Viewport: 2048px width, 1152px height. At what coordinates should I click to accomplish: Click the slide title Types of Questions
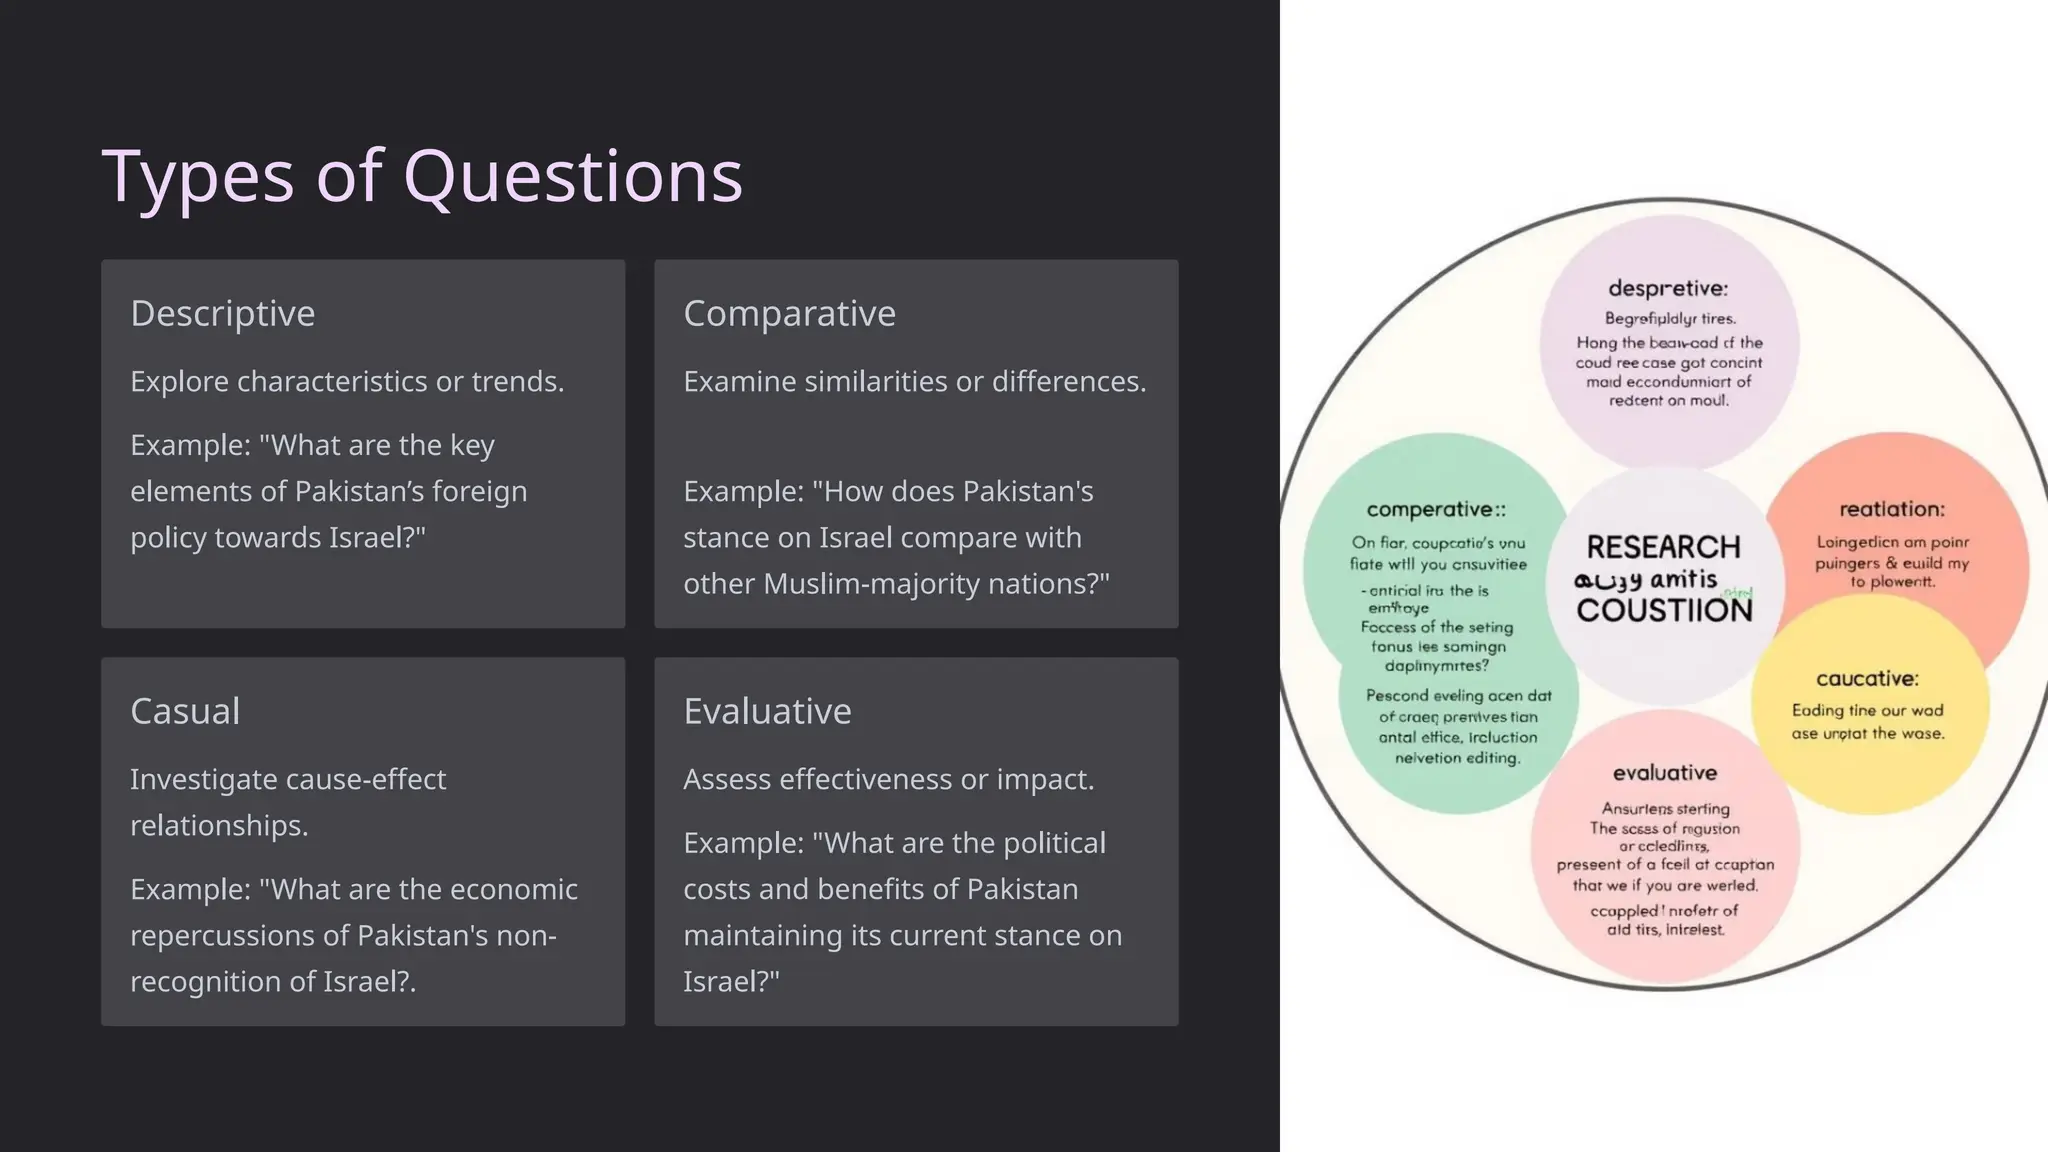[x=422, y=177]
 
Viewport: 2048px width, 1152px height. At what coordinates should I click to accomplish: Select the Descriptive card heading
[x=223, y=314]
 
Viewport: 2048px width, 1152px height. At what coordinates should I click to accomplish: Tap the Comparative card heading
[x=789, y=314]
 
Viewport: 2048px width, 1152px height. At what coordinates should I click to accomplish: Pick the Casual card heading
[x=185, y=711]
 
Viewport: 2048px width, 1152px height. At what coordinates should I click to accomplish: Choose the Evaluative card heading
[x=767, y=711]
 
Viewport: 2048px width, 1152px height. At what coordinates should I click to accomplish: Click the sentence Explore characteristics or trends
[x=347, y=381]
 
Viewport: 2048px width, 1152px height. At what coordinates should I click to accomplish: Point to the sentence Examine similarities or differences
[x=914, y=381]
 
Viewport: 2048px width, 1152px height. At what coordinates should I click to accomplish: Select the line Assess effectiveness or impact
[x=888, y=779]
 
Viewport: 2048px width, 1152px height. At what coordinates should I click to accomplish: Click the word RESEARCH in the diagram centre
[x=1663, y=547]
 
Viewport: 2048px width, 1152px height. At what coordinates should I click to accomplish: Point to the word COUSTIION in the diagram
[x=1664, y=610]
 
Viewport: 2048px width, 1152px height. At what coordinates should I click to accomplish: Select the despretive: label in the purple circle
[x=1667, y=288]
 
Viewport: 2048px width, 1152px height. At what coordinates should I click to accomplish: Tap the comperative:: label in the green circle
[x=1435, y=509]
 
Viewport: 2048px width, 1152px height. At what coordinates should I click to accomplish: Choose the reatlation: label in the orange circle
[x=1892, y=509]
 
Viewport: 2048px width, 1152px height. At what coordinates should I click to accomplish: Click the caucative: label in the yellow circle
[x=1867, y=679]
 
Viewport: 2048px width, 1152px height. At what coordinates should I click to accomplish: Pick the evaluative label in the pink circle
[x=1664, y=773]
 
